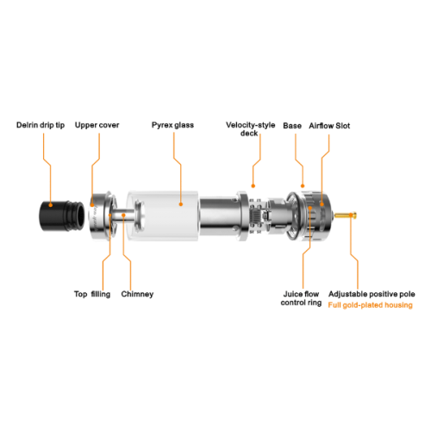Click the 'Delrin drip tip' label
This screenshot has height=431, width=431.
pos(41,125)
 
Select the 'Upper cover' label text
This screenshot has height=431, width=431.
pos(97,125)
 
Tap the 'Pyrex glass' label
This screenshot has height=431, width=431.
pos(172,125)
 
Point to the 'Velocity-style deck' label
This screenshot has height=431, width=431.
pos(250,129)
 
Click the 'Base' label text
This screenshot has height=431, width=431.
pos(292,126)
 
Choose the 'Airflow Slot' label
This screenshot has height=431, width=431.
pos(329,126)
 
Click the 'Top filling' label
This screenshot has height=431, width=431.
pos(92,294)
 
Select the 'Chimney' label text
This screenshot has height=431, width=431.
pos(137,294)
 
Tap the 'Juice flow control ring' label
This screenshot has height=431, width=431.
pos(301,298)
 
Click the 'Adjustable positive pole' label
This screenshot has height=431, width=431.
pos(372,294)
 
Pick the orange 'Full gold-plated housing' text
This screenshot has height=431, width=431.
pos(371,305)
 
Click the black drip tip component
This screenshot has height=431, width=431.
pos(61,215)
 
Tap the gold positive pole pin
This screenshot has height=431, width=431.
pos(346,215)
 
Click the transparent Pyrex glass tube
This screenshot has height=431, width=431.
pos(163,215)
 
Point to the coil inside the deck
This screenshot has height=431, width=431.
pos(256,215)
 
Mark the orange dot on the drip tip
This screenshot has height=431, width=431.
pos(51,205)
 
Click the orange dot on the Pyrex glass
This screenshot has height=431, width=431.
pos(181,204)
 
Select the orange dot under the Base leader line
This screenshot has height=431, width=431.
pos(303,186)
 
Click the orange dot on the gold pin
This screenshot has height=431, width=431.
pos(351,215)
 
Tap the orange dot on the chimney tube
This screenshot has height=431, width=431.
pos(123,215)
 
